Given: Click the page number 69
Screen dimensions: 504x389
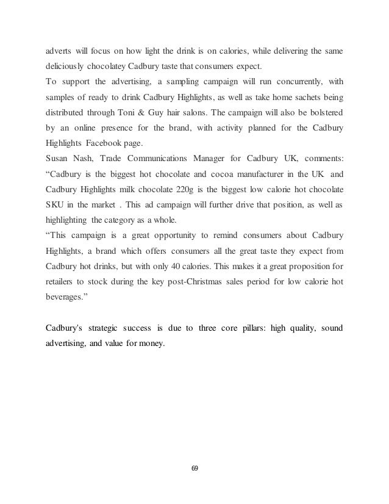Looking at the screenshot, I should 194,469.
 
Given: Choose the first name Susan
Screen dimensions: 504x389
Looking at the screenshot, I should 59,160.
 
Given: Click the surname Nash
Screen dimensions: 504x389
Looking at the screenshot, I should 92,160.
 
